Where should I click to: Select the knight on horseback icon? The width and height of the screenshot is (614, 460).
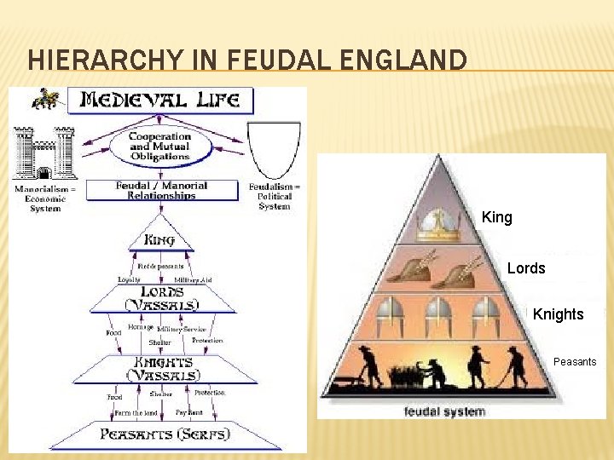pyautogui.click(x=44, y=98)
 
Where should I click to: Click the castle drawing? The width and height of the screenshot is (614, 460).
pyautogui.click(x=43, y=153)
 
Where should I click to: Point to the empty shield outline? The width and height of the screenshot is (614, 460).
pyautogui.click(x=273, y=148)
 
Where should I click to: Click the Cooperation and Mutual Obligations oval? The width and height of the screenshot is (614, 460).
pyautogui.click(x=159, y=147)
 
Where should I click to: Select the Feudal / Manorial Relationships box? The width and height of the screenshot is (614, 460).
pyautogui.click(x=161, y=190)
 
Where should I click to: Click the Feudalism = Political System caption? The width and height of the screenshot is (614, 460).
pyautogui.click(x=274, y=197)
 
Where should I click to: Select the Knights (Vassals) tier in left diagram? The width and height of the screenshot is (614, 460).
pyautogui.click(x=162, y=368)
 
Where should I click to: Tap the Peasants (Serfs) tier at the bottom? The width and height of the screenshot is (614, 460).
pyautogui.click(x=165, y=434)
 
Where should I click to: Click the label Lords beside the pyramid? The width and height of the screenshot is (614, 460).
pyautogui.click(x=525, y=268)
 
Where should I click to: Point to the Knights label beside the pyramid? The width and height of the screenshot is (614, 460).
pyautogui.click(x=558, y=314)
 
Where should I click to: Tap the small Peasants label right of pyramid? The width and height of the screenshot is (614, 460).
pyautogui.click(x=574, y=362)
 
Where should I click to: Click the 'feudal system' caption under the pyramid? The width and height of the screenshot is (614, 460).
pyautogui.click(x=444, y=411)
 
